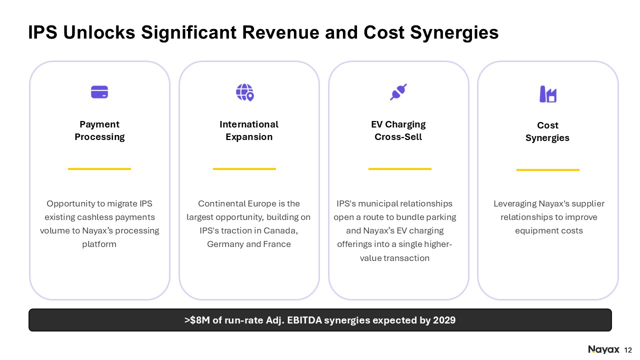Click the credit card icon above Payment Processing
click(99, 92)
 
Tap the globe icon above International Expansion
click(245, 92)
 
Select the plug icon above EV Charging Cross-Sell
click(398, 92)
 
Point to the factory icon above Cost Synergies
click(548, 94)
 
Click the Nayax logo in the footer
click(603, 349)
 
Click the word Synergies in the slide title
click(454, 32)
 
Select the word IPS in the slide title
click(42, 32)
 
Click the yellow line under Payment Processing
click(99, 169)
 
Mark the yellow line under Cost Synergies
click(548, 170)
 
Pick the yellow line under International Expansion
click(244, 169)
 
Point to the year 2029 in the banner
click(444, 320)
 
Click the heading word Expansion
click(249, 137)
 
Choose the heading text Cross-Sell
click(398, 137)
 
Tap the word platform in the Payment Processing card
click(99, 244)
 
